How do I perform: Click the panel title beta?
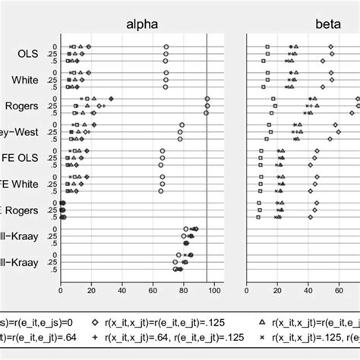pos(328,24)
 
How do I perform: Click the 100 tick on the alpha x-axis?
pos(214,289)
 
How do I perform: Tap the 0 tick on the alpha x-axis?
pos(61,289)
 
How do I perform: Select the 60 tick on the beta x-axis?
pos(339,289)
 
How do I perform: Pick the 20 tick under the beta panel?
pos(277,289)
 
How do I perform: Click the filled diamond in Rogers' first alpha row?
pos(111,99)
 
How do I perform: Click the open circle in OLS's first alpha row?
pos(166,47)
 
